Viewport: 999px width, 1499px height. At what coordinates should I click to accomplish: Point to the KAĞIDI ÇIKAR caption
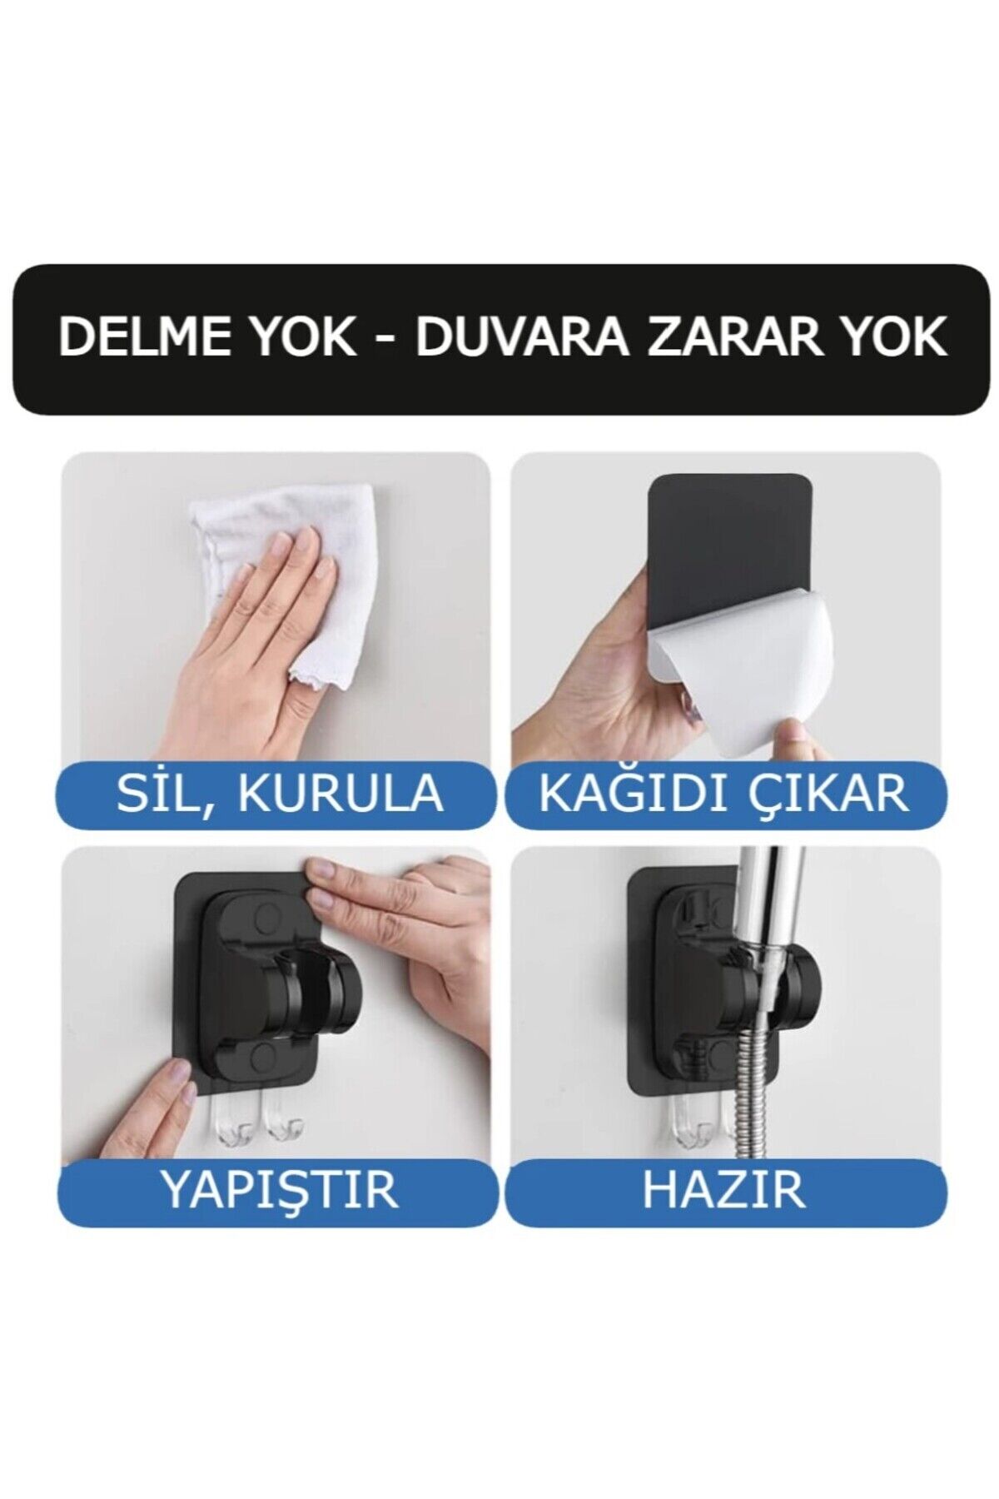click(723, 793)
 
